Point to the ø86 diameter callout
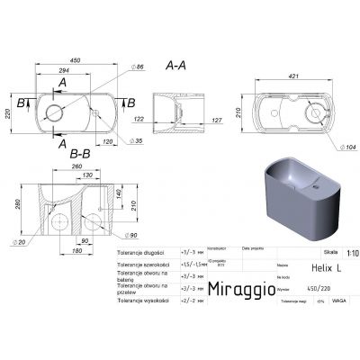pyautogui.click(x=139, y=68)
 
